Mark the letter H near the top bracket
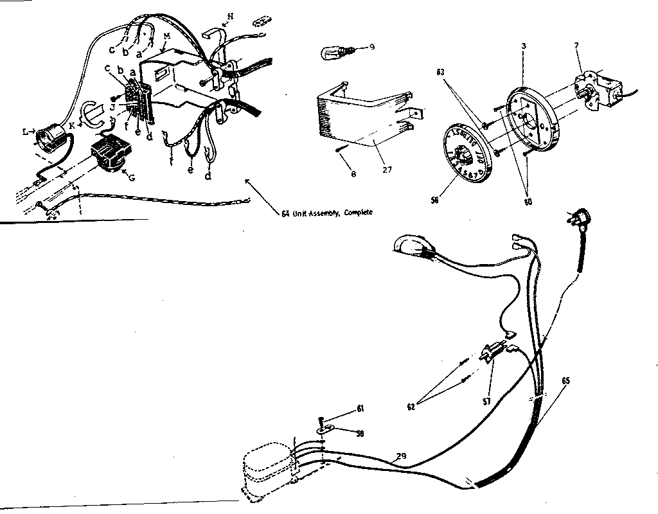231,15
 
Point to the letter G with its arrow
131,177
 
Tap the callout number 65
565,381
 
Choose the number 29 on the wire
401,456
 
